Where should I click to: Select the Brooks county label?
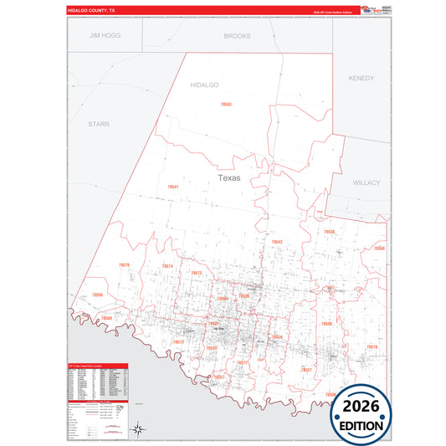(237, 37)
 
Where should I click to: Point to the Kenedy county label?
(361, 78)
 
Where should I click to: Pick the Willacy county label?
(367, 182)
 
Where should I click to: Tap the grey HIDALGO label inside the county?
(204, 85)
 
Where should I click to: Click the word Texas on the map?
(228, 178)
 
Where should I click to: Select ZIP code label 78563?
(226, 104)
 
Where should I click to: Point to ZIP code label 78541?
(173, 187)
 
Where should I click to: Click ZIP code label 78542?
(277, 242)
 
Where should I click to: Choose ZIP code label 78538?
(329, 232)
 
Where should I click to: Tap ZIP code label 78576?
(124, 265)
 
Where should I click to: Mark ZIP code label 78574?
(167, 266)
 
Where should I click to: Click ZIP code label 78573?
(197, 273)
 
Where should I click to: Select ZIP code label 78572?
(178, 341)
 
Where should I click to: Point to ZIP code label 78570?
(372, 346)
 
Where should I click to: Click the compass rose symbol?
(141, 430)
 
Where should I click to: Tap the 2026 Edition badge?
(362, 413)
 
